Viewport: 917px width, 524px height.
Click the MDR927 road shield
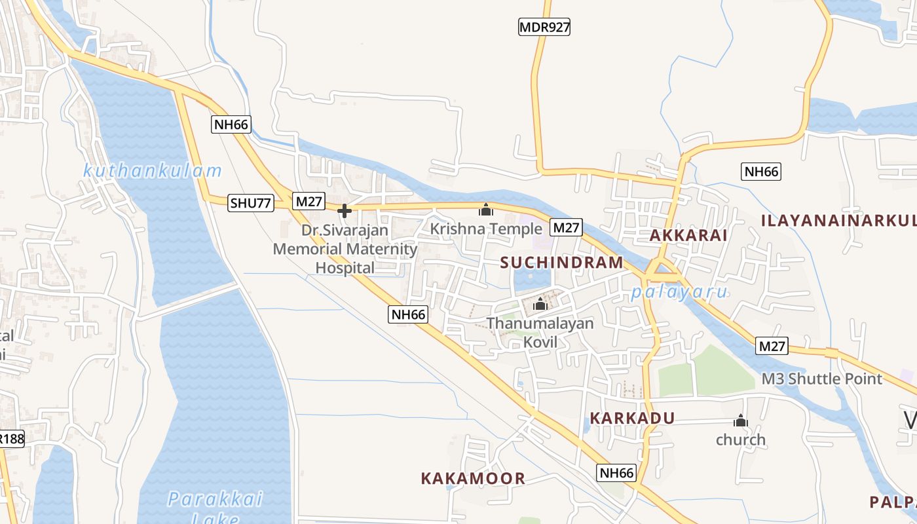544,27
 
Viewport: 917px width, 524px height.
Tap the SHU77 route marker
251,203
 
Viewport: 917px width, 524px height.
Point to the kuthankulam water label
153,172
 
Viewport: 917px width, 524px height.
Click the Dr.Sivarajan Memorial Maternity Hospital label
345,249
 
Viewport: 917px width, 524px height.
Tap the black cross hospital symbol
345,210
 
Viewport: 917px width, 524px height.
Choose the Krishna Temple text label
486,229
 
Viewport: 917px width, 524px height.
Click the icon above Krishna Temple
486,210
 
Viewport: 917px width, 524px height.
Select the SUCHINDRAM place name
562,263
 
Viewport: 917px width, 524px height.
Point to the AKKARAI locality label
688,235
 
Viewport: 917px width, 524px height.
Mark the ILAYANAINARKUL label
838,220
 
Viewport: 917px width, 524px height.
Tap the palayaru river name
680,292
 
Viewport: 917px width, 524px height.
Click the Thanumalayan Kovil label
540,332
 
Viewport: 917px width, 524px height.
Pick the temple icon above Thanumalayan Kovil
540,304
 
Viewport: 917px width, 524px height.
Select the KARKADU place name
632,418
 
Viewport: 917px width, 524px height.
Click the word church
741,440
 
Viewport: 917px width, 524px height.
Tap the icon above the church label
741,421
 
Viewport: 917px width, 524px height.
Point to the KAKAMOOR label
473,478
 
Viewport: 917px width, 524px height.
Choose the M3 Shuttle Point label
821,379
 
